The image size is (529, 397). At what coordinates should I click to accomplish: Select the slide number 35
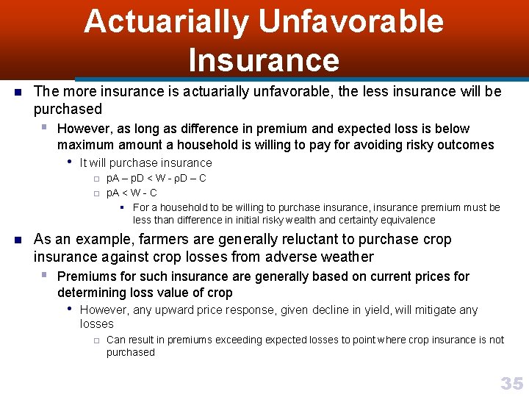click(x=511, y=383)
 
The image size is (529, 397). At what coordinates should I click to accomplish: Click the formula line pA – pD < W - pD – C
click(x=156, y=179)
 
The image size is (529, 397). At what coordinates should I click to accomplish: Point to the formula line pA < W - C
click(x=132, y=193)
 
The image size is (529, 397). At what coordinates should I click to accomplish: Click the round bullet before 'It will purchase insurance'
click(x=69, y=162)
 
